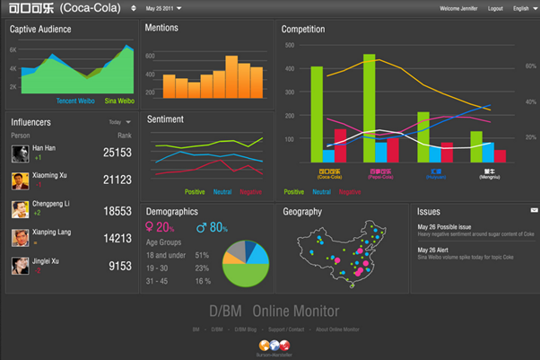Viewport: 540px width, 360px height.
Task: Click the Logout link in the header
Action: pos(494,8)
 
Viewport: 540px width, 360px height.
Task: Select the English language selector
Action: pos(523,8)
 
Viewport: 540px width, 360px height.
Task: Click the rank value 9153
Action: pos(120,266)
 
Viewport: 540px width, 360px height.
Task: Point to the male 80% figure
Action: pos(212,228)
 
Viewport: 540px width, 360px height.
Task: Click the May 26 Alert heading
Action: pos(434,249)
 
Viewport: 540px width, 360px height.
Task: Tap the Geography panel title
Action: pos(302,212)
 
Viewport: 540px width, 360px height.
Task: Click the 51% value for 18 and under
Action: pos(202,256)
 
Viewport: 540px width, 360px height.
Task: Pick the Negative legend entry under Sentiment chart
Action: pos(250,192)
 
